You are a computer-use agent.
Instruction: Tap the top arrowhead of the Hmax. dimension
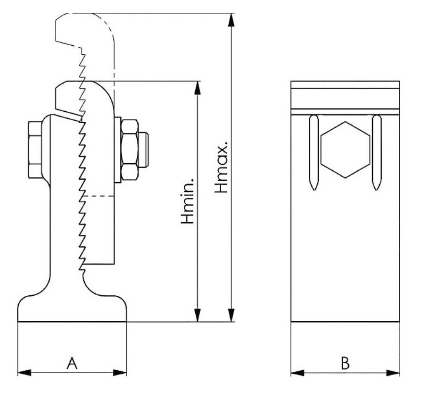coord(231,20)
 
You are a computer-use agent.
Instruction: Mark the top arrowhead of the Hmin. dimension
coord(198,87)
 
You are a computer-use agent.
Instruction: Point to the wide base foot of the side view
coord(72,309)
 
